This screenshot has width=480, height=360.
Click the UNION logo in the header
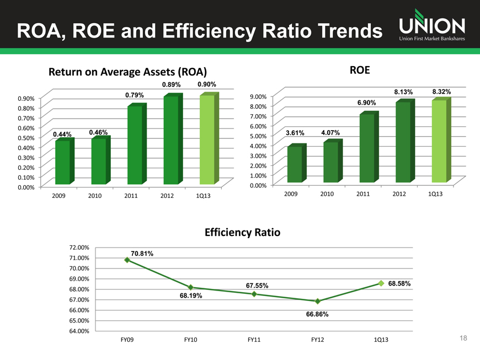[x=431, y=25]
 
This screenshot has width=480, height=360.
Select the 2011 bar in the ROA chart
[x=135, y=144]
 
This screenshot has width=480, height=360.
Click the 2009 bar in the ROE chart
[x=295, y=164]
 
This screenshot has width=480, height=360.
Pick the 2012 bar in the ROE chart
[x=403, y=142]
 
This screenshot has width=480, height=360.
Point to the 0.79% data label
[x=135, y=95]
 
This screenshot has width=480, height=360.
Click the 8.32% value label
[x=441, y=92]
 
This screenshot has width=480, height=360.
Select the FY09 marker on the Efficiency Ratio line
[x=127, y=260]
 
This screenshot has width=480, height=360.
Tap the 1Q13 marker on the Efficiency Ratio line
[x=381, y=283]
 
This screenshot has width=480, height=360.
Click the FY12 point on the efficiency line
[x=318, y=301]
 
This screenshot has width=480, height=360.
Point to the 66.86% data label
[x=317, y=314]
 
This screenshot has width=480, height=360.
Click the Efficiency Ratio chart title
[x=242, y=233]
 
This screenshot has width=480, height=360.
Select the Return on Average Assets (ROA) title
[x=127, y=72]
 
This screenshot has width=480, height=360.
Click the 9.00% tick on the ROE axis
[x=259, y=96]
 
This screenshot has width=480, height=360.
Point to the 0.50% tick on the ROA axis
[x=26, y=137]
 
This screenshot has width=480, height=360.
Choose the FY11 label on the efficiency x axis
[x=254, y=339]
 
